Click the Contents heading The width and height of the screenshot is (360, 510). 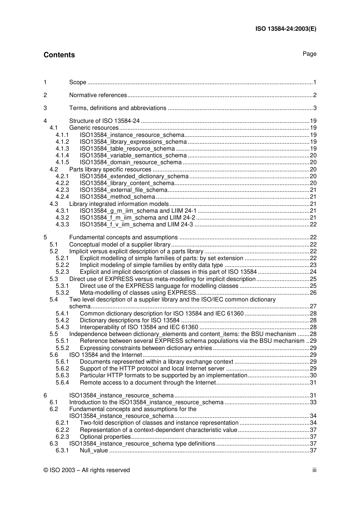pos(59,55)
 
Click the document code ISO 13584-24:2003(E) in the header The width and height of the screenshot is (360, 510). pos(286,28)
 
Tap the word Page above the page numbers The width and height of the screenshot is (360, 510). pos(309,54)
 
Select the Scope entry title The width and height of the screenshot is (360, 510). pos(78,82)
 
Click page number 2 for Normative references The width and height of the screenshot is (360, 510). pos(315,95)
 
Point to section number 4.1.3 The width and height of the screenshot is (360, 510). pos(62,149)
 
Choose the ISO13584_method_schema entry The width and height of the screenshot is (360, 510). pos(117,197)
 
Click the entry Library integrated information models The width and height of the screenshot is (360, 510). pos(119,204)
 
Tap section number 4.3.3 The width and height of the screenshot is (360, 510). pos(62,224)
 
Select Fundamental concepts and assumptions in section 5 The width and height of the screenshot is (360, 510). pos(123,237)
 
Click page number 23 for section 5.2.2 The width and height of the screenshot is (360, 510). pos(313,265)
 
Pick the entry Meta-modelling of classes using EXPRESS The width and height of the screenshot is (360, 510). pos(138,293)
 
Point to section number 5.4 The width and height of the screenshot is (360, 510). pos(53,300)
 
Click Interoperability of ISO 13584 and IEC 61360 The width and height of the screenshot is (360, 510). pos(139,327)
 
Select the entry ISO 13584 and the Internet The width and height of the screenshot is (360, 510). pos(105,355)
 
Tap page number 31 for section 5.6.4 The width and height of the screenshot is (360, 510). pos(313,383)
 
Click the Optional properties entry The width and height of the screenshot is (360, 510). pos(105,437)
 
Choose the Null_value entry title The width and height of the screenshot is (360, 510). pos(94,450)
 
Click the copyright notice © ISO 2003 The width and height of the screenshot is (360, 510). pos(86,470)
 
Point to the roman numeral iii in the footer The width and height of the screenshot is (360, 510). pos(314,470)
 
